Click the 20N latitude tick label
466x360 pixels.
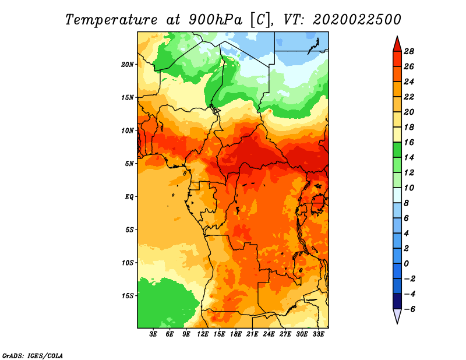[x=128, y=65]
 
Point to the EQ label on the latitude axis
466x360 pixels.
[x=129, y=197]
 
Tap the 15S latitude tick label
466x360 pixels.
[x=128, y=296]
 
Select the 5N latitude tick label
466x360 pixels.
[x=129, y=164]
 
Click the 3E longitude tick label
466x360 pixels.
[x=153, y=334]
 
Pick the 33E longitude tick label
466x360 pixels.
[x=318, y=334]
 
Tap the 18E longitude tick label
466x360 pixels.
[x=236, y=334]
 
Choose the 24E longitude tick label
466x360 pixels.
[x=269, y=334]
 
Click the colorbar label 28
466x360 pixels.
[x=409, y=51]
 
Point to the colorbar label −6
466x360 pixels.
[x=409, y=309]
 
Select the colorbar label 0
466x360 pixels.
[x=407, y=264]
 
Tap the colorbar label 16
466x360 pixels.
[x=409, y=142]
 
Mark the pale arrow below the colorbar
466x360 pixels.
[x=397, y=316]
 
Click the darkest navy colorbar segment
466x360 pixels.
[x=397, y=301]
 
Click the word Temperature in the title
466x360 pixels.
[x=111, y=20]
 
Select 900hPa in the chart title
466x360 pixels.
[x=216, y=20]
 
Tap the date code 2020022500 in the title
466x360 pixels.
[x=357, y=20]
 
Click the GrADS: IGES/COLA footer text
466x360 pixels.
[x=33, y=356]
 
